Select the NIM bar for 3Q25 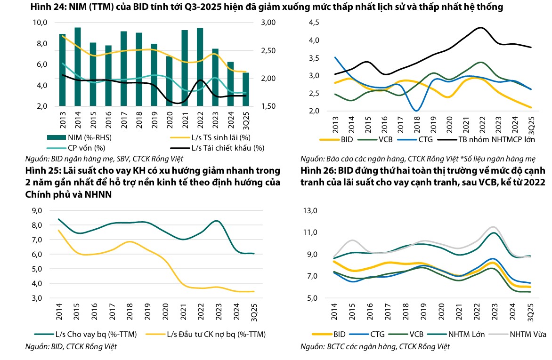[245, 89]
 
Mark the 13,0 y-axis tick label [310, 210]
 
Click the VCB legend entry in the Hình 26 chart [410, 335]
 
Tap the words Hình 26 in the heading [315, 170]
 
